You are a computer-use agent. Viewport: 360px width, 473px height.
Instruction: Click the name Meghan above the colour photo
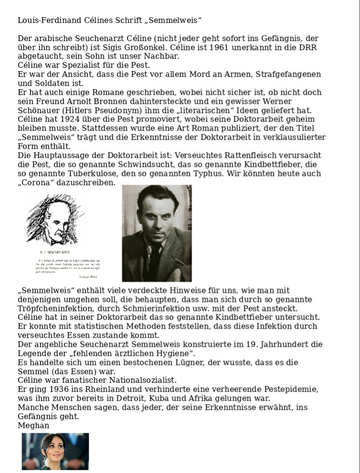point(33,425)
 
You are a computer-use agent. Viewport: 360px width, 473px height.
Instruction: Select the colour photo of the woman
point(55,451)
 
